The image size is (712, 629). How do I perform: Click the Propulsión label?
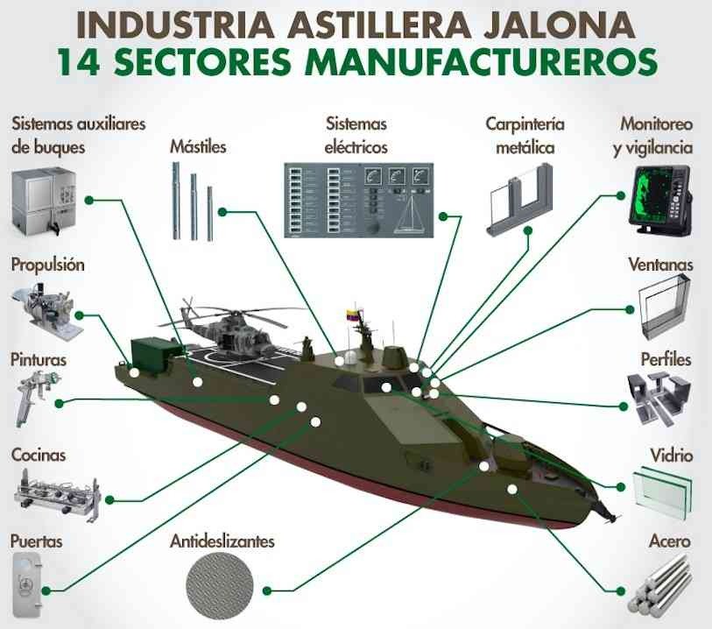tap(48, 265)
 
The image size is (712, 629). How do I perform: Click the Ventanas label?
tap(661, 265)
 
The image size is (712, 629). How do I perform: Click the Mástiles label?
tap(198, 146)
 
